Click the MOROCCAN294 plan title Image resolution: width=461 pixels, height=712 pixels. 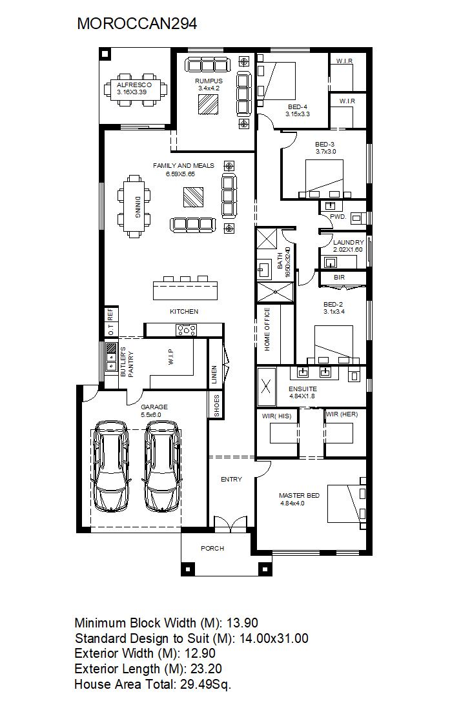click(x=137, y=24)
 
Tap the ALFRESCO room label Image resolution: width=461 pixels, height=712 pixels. click(x=134, y=85)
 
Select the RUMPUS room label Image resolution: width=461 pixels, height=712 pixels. click(x=209, y=81)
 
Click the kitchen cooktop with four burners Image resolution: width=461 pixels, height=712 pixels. click(x=186, y=330)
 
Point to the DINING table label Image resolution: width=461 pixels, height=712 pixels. click(x=137, y=207)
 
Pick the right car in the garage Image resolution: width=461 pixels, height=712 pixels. click(x=163, y=466)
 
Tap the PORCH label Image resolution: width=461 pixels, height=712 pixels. click(x=212, y=548)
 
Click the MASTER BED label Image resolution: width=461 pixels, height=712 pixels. click(x=300, y=495)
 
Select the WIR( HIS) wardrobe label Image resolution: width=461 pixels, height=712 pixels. click(x=276, y=416)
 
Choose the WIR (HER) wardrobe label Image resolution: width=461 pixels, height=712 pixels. click(x=342, y=414)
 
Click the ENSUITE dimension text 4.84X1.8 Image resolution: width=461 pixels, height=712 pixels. click(x=302, y=396)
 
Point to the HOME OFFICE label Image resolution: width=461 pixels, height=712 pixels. click(x=267, y=329)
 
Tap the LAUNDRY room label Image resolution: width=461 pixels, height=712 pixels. click(x=349, y=243)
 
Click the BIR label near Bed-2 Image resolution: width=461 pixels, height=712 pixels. click(x=339, y=277)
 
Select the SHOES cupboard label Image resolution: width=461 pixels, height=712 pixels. click(x=217, y=405)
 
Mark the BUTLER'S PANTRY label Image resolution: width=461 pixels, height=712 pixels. click(x=127, y=361)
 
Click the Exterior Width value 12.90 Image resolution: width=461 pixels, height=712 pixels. click(x=198, y=653)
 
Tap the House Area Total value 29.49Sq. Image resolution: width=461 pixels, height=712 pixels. click(x=206, y=684)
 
